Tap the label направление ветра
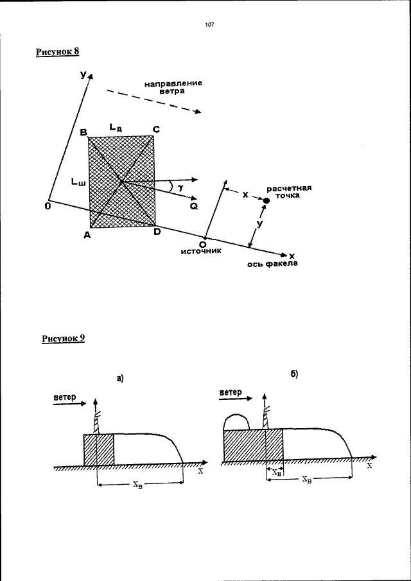coord(173,87)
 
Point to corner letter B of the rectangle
coord(83,132)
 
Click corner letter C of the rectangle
coord(156,129)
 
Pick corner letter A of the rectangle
coord(87,236)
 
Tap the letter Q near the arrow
coord(193,207)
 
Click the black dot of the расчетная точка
coord(266,201)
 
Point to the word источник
coord(201,252)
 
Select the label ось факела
coord(273,264)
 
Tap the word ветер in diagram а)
coord(64,397)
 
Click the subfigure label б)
coord(295,374)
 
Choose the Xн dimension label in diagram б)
coord(274,472)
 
